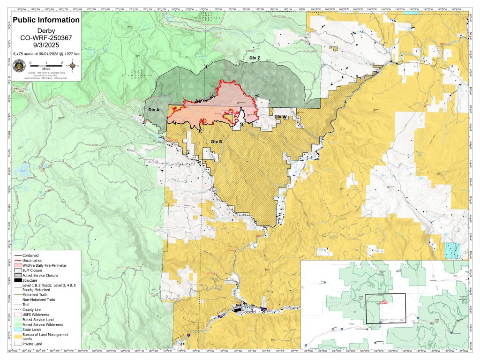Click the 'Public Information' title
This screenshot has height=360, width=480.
tap(46, 20)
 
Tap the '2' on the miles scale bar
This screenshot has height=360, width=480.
tap(61, 62)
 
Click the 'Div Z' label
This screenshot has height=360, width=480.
tap(255, 57)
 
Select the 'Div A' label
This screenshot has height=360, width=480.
tap(154, 109)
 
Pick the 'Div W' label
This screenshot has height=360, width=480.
tap(280, 117)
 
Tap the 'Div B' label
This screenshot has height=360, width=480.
tap(216, 141)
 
